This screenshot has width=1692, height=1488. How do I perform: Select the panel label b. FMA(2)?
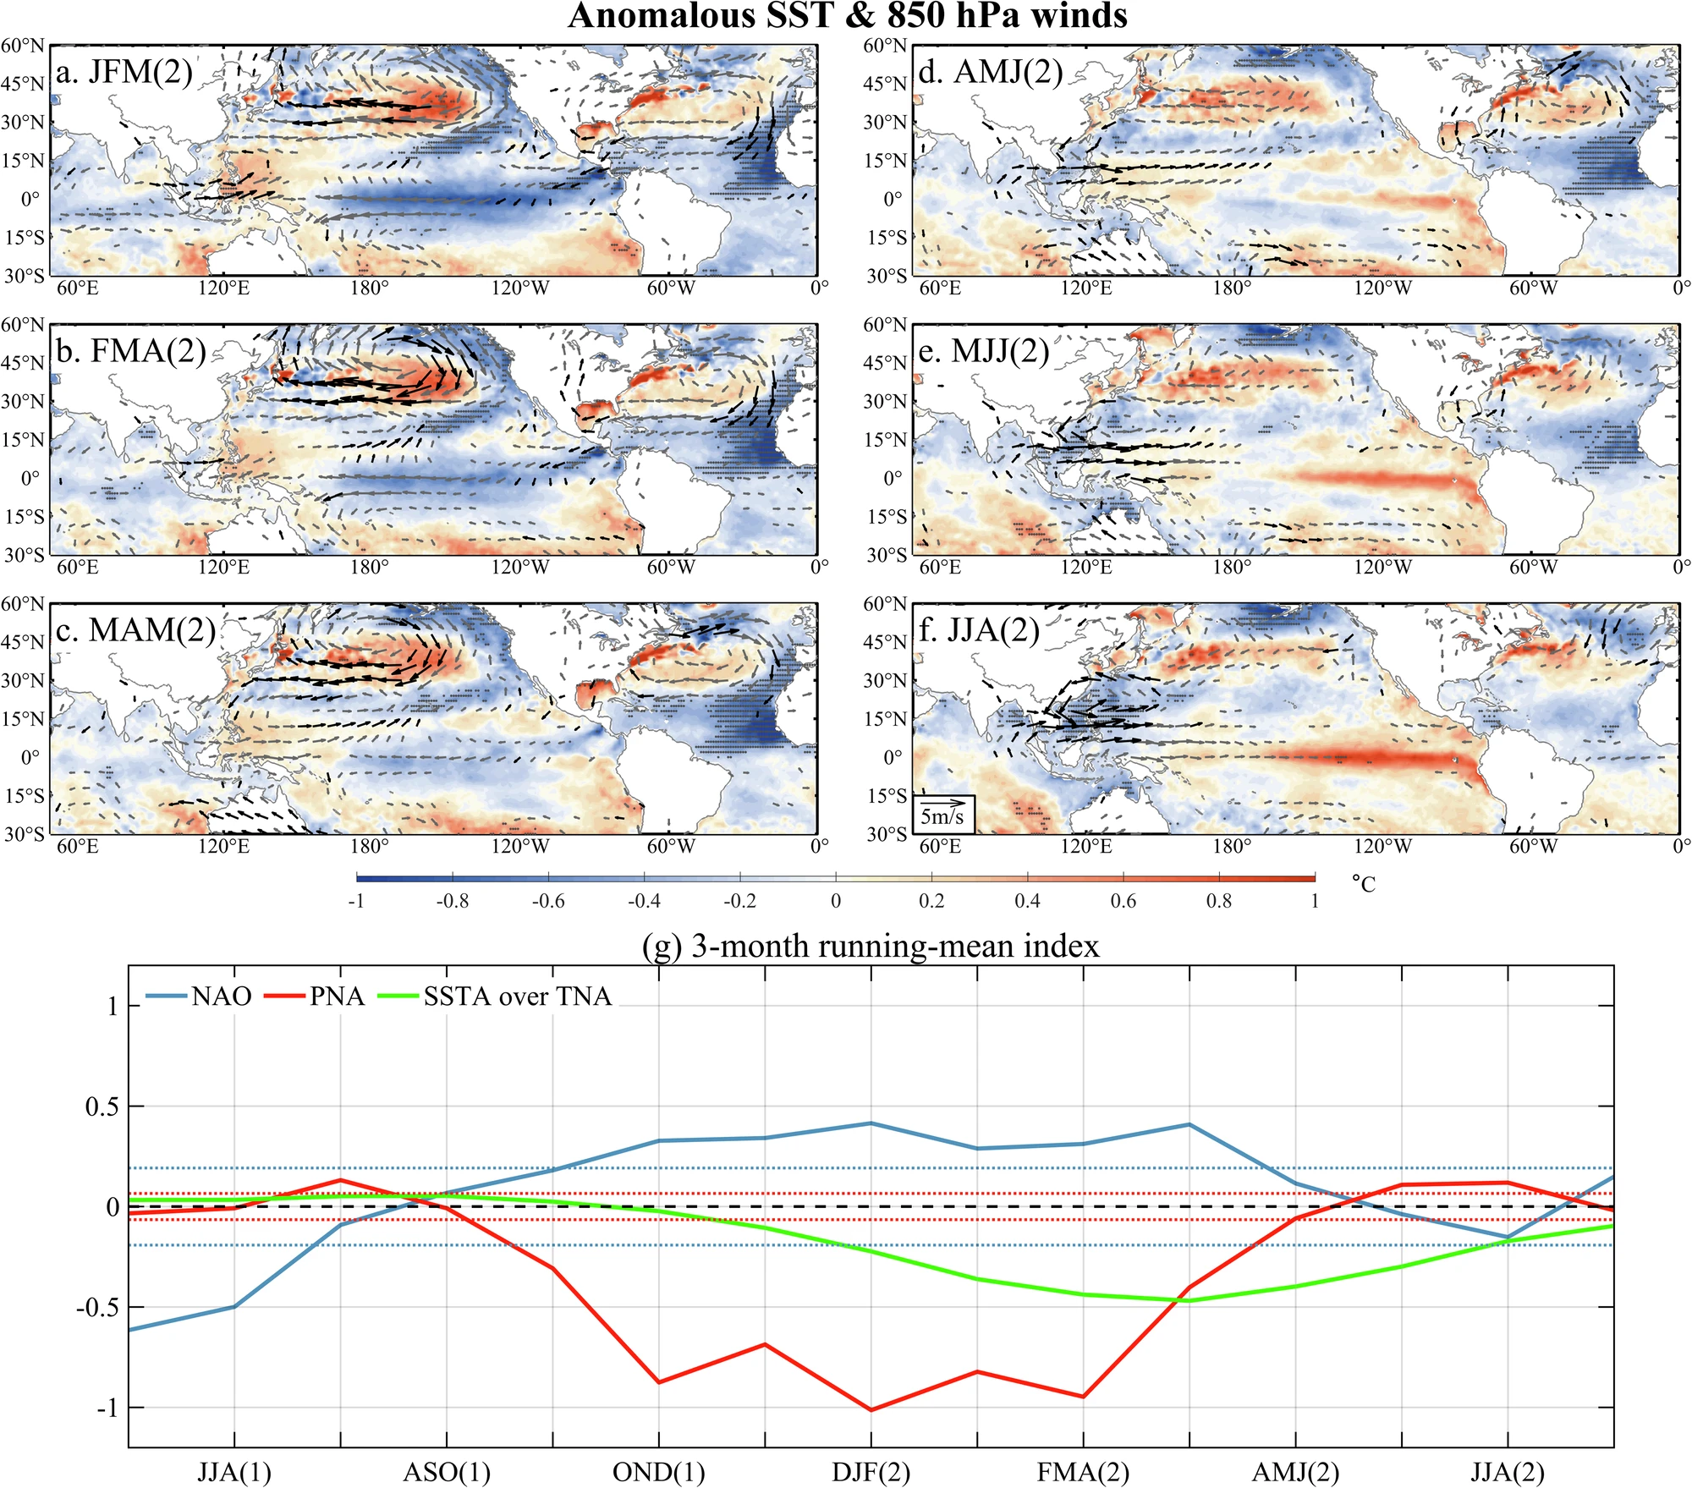coord(131,351)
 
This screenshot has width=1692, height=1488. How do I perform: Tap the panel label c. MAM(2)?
coord(136,630)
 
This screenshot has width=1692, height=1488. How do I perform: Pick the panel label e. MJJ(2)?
coord(984,351)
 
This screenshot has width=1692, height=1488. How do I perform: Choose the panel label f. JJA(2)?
coord(979,630)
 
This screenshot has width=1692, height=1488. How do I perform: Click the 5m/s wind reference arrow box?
coord(943,813)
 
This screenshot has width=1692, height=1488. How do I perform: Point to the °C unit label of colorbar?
coord(1364,884)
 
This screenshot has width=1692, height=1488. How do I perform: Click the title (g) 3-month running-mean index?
coord(871,946)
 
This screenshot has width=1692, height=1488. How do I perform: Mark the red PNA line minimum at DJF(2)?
coord(871,1410)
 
